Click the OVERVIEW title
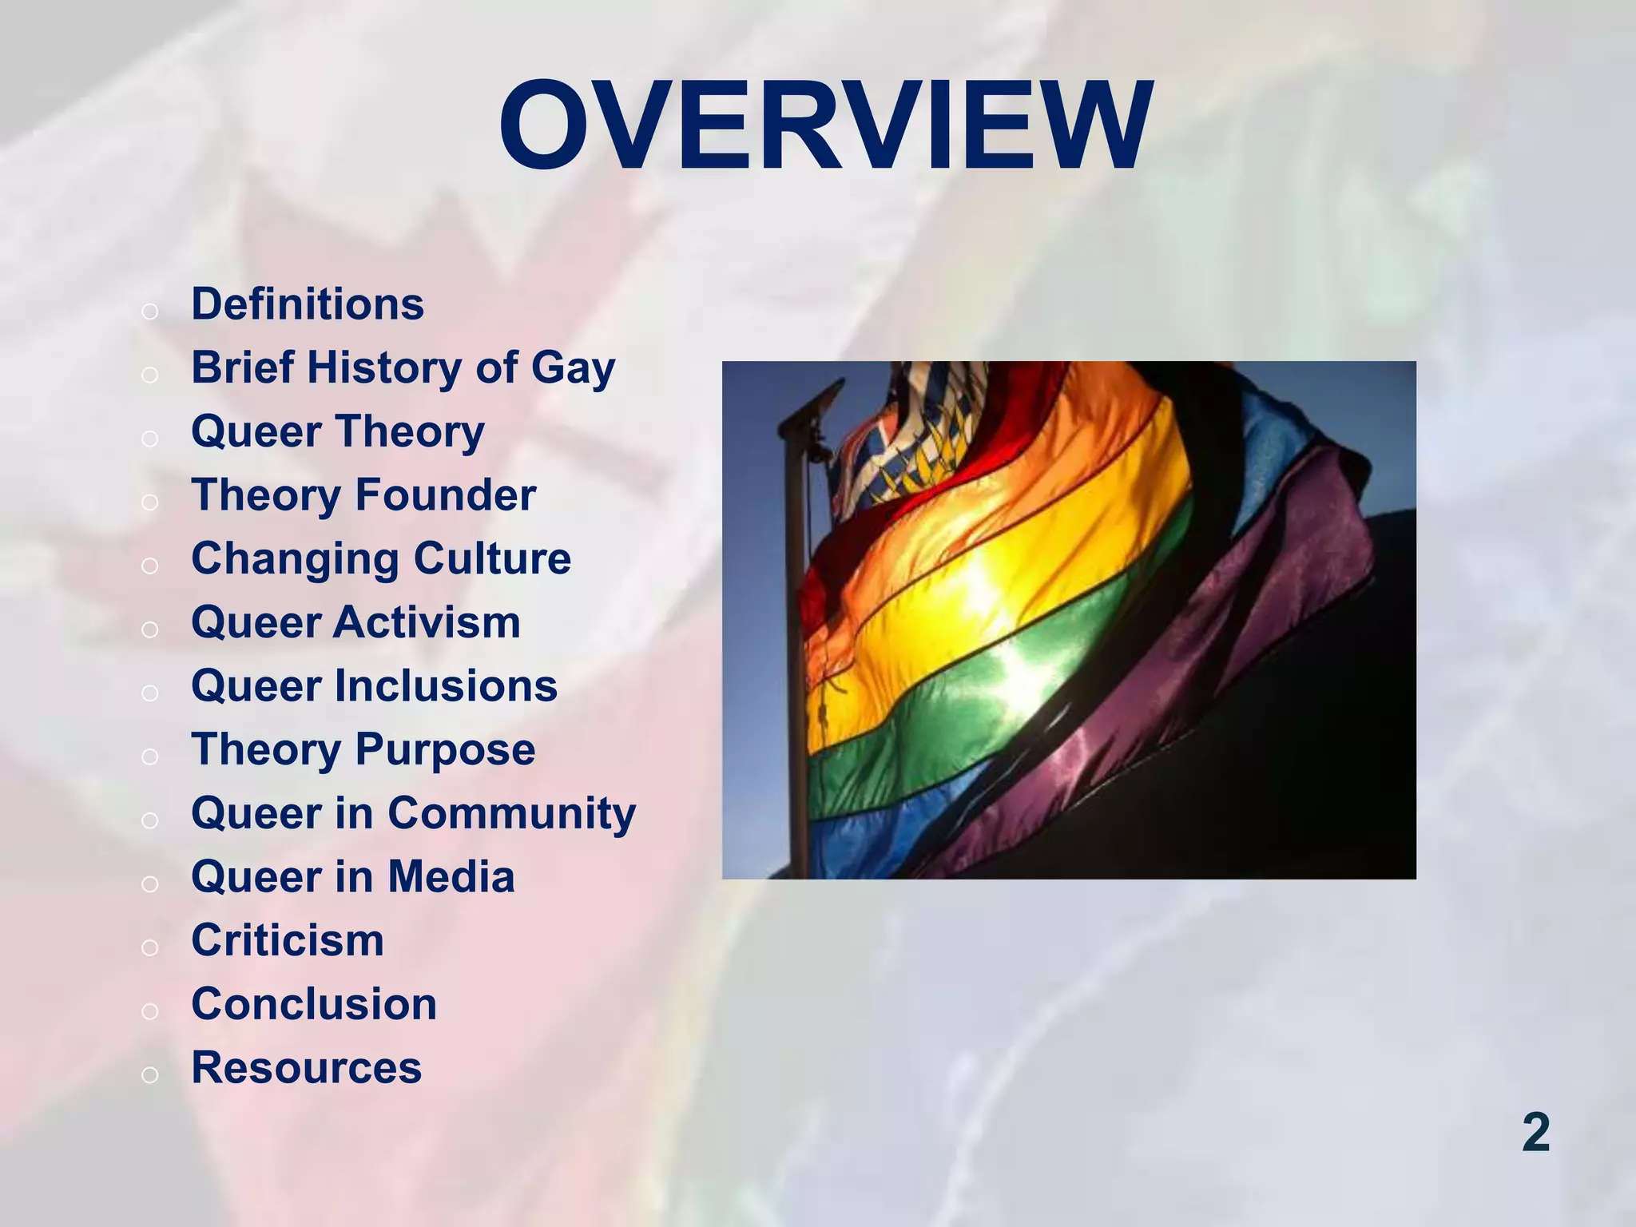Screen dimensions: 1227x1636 [x=825, y=126]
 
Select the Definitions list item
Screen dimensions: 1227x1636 [x=308, y=304]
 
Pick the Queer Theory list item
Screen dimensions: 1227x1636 [x=338, y=432]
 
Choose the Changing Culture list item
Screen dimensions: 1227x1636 [x=381, y=559]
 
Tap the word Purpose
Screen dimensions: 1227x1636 [x=445, y=750]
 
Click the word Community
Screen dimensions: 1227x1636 [x=512, y=814]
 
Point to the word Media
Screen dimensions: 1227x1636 [x=451, y=877]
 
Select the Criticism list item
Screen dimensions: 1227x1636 [x=288, y=940]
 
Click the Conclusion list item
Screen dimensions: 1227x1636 [x=314, y=1004]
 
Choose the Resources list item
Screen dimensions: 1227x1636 [x=306, y=1068]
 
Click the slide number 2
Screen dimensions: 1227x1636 [x=1535, y=1133]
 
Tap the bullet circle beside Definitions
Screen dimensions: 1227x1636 [x=149, y=312]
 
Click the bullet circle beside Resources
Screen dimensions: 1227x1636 [x=149, y=1075]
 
